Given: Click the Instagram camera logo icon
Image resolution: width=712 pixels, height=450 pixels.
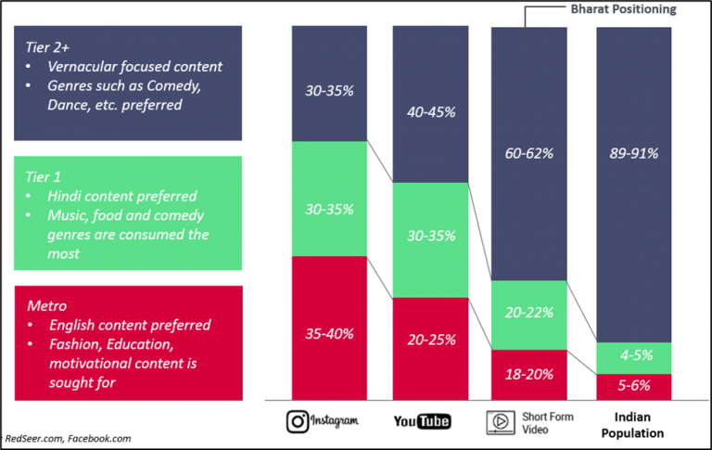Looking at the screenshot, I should [298, 421].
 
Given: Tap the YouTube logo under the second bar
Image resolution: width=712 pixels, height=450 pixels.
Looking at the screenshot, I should [422, 421].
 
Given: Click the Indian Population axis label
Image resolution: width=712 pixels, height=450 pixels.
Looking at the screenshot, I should [632, 426].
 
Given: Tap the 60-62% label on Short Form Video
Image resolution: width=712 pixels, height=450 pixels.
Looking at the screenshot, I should [528, 152].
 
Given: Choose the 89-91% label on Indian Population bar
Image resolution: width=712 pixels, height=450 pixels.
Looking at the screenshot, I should [633, 152].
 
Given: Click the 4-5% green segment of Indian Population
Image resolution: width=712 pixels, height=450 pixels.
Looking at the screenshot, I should [633, 356].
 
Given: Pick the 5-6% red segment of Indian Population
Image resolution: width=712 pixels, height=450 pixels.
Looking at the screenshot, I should [633, 385].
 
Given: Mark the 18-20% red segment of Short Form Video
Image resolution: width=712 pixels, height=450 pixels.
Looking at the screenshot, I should [528, 375].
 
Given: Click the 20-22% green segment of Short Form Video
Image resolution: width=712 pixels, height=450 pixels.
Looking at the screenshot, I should [528, 315].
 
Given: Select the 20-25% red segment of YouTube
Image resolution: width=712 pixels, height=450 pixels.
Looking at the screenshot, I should [431, 340].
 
